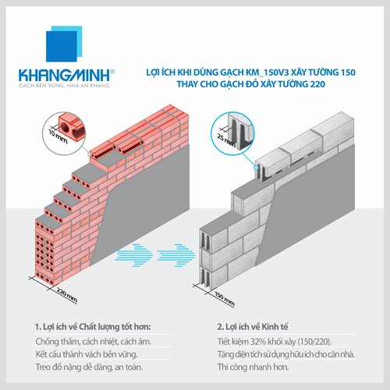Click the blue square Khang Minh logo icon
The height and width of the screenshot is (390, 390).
64,44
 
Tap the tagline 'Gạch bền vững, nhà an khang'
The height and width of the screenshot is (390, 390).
64,86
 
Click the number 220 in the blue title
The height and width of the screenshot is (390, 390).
317,84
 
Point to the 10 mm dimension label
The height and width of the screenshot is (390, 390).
58,136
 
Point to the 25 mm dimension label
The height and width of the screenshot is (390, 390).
226,140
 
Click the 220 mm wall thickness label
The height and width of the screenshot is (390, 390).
67,296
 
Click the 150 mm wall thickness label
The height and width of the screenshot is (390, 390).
225,299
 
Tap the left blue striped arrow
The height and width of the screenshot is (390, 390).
133,255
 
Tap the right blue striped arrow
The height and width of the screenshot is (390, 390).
176,255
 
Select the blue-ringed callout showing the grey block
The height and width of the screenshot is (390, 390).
232,133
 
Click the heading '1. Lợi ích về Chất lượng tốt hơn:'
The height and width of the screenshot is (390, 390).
93,327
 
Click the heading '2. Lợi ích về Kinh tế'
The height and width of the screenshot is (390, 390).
253,327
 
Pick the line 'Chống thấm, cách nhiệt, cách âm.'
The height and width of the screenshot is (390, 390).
93,342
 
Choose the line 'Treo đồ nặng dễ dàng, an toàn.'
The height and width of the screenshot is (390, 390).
89,367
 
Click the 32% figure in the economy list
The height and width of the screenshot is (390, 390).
258,342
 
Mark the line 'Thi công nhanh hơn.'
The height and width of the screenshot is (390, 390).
253,367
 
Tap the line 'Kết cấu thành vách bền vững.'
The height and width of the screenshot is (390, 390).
87,354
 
